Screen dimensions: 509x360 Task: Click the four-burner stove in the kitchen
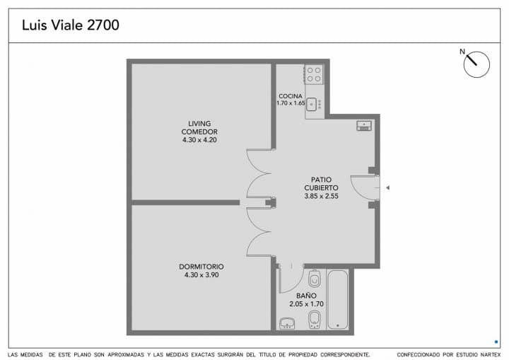click(313, 74)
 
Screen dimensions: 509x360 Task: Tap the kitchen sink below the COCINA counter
click(312, 104)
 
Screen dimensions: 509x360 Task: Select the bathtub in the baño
click(338, 300)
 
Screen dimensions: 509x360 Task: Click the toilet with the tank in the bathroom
click(314, 278)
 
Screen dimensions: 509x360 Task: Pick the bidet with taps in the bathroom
click(314, 320)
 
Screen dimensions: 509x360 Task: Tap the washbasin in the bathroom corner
click(287, 323)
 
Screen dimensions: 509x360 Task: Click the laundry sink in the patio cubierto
click(364, 125)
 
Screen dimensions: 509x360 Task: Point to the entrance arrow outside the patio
click(387, 187)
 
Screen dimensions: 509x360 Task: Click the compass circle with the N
click(476, 64)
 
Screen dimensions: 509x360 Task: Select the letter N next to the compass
click(462, 52)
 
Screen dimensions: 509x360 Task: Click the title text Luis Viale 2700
click(71, 25)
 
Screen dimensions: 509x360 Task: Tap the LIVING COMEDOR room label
click(199, 128)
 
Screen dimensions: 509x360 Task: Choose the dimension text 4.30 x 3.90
click(201, 275)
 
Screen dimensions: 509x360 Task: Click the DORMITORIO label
click(201, 267)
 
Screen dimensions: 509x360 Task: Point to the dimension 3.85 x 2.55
click(322, 196)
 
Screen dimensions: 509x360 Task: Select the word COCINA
click(291, 96)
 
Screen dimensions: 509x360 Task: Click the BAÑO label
click(306, 296)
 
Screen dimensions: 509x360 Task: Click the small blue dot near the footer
click(496, 342)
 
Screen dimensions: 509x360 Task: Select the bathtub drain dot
click(338, 325)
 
